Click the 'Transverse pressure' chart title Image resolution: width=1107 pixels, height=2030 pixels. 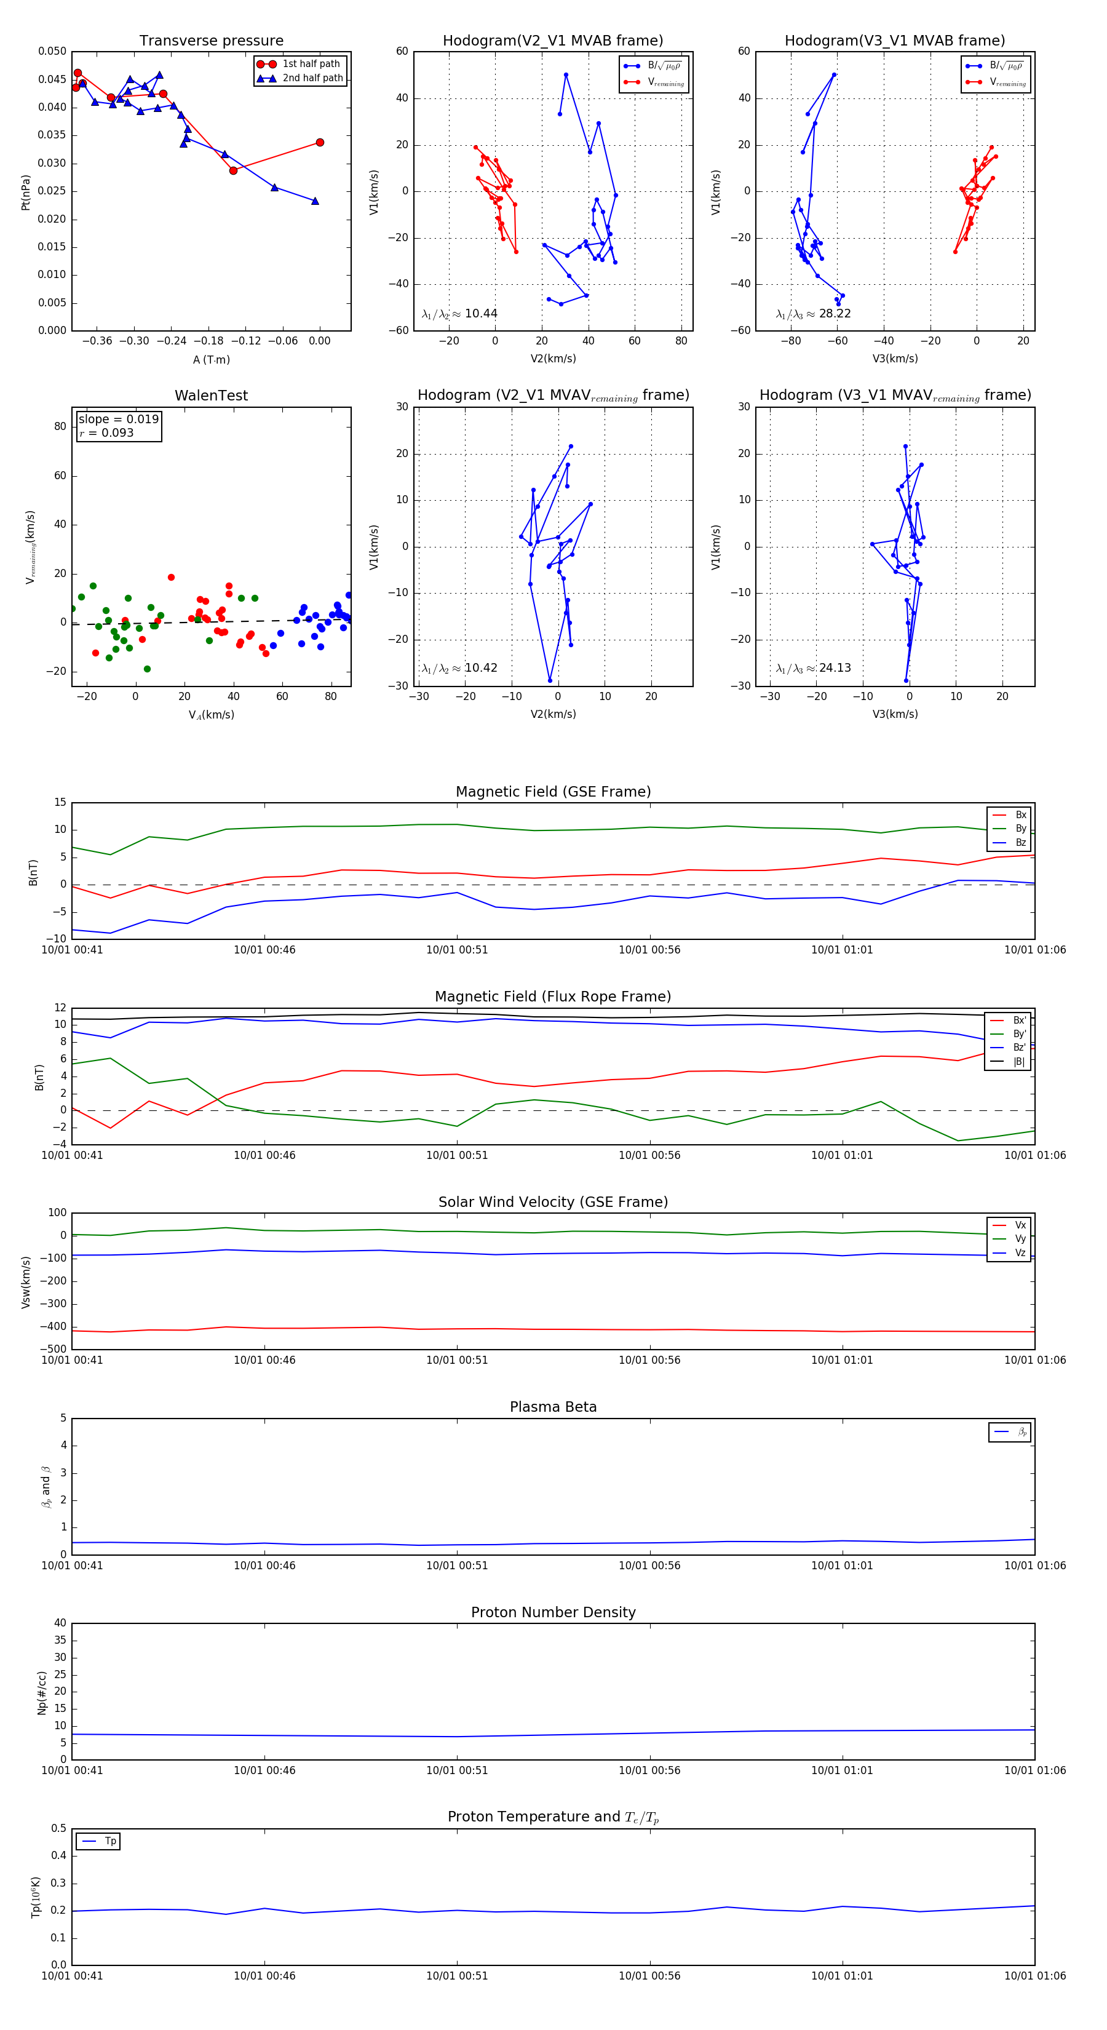(211, 41)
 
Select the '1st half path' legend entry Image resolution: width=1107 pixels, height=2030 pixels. (311, 64)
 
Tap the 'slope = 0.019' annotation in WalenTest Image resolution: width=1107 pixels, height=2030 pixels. (118, 420)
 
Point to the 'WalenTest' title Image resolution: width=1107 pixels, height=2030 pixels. (211, 396)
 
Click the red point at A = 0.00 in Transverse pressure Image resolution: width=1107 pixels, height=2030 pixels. (320, 143)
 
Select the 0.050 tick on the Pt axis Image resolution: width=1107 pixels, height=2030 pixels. (53, 51)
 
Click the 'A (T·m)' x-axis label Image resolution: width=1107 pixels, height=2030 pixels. (211, 359)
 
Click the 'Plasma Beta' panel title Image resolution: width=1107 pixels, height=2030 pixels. (553, 1407)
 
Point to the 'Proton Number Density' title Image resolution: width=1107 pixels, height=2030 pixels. (553, 1612)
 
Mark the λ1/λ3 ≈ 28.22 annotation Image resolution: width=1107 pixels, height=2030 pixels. (813, 314)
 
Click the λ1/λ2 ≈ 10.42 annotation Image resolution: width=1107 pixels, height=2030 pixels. (459, 668)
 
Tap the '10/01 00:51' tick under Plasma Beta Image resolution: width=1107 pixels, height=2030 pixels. (457, 1565)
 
